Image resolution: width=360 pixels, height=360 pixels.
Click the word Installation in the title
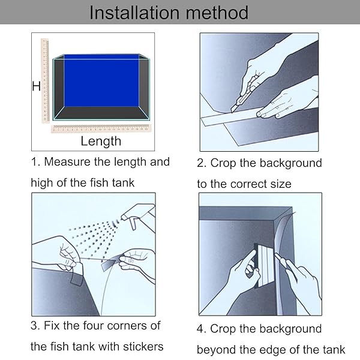click(134, 13)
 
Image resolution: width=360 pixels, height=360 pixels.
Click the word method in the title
click(217, 13)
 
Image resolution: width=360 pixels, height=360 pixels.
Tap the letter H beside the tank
click(36, 86)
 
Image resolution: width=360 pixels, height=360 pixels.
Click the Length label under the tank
click(101, 141)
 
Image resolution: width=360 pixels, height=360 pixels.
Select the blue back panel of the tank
click(101, 80)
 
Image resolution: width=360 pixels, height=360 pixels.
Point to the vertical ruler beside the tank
click(45, 80)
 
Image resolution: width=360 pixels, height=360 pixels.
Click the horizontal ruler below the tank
click(101, 128)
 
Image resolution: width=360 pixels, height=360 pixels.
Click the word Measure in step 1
click(67, 162)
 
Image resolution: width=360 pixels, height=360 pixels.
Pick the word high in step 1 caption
click(42, 183)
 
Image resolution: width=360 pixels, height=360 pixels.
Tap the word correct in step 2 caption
click(248, 184)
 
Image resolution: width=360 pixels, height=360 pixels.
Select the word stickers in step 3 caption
click(143, 347)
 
